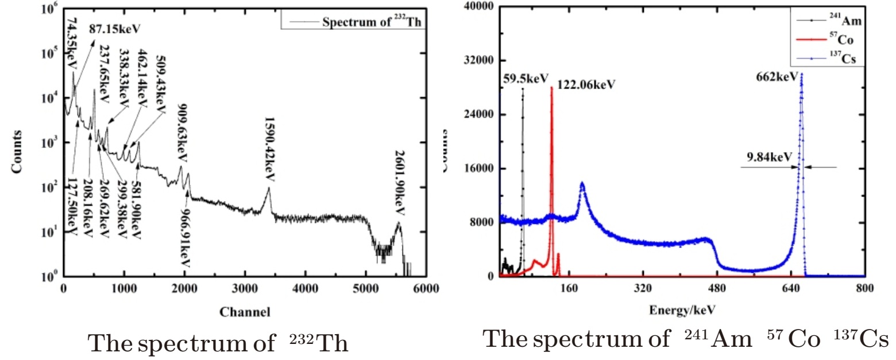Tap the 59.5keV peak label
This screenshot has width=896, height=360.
coord(526,79)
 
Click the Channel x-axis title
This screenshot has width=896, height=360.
coord(244,313)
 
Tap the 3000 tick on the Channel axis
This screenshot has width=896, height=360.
coord(244,289)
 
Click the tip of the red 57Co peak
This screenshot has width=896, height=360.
coord(551,87)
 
